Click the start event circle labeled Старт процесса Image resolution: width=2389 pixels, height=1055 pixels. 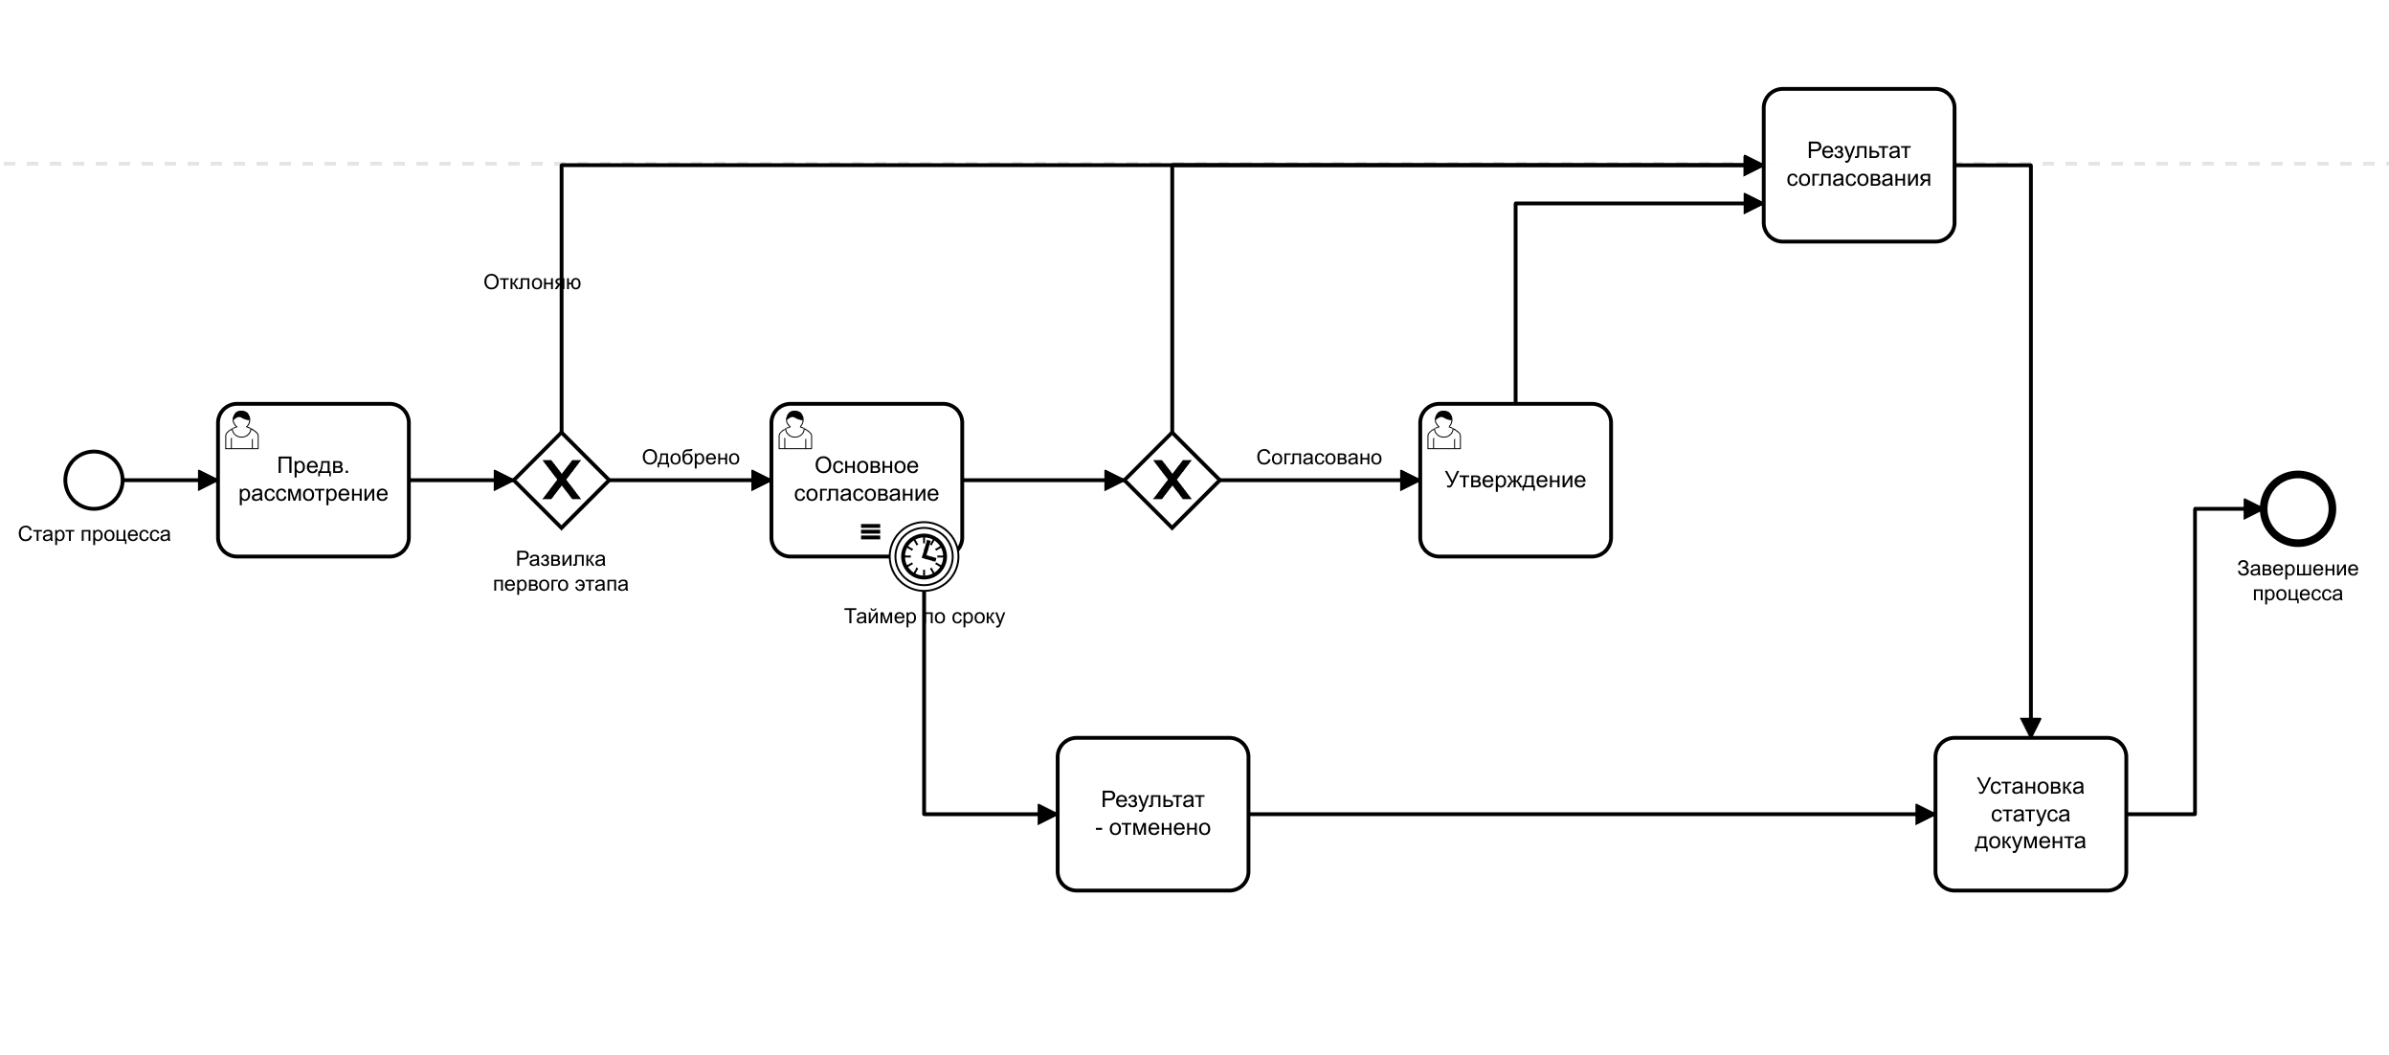coord(94,480)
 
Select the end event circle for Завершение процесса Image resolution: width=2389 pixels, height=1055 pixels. coord(2298,508)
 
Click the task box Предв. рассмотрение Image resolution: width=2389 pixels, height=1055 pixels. coord(313,480)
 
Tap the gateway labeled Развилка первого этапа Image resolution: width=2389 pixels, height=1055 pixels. coord(561,480)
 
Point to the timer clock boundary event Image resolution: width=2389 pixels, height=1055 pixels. coord(924,556)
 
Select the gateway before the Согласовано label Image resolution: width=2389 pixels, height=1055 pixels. coord(1172,480)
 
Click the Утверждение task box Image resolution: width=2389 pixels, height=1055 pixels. coord(1515,480)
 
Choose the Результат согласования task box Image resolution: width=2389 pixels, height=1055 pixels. coord(1858,165)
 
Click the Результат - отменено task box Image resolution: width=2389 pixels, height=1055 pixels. coord(1152,814)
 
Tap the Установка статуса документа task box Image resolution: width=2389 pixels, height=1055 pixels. coord(2030,814)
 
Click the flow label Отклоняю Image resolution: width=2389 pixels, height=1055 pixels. coord(531,282)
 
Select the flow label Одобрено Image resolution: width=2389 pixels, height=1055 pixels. coord(690,458)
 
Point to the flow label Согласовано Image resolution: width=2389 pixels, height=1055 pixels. coord(1318,458)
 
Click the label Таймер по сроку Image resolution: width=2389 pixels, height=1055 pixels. coord(924,617)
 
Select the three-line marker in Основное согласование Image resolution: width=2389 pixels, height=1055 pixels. coord(870,531)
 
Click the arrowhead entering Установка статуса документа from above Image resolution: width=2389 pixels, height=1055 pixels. coord(2030,728)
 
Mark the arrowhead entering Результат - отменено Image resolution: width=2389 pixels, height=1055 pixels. coord(1047,815)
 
